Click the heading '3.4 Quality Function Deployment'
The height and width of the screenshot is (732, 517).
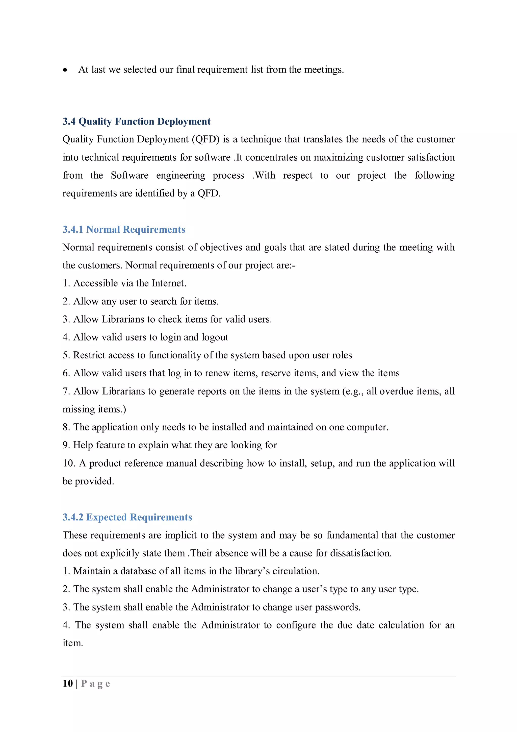point(136,121)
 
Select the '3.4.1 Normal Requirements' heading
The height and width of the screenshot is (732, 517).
point(124,230)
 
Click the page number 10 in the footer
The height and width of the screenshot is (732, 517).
point(68,684)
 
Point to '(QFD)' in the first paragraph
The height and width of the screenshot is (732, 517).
point(205,140)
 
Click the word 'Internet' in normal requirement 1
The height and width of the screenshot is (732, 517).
point(168,283)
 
